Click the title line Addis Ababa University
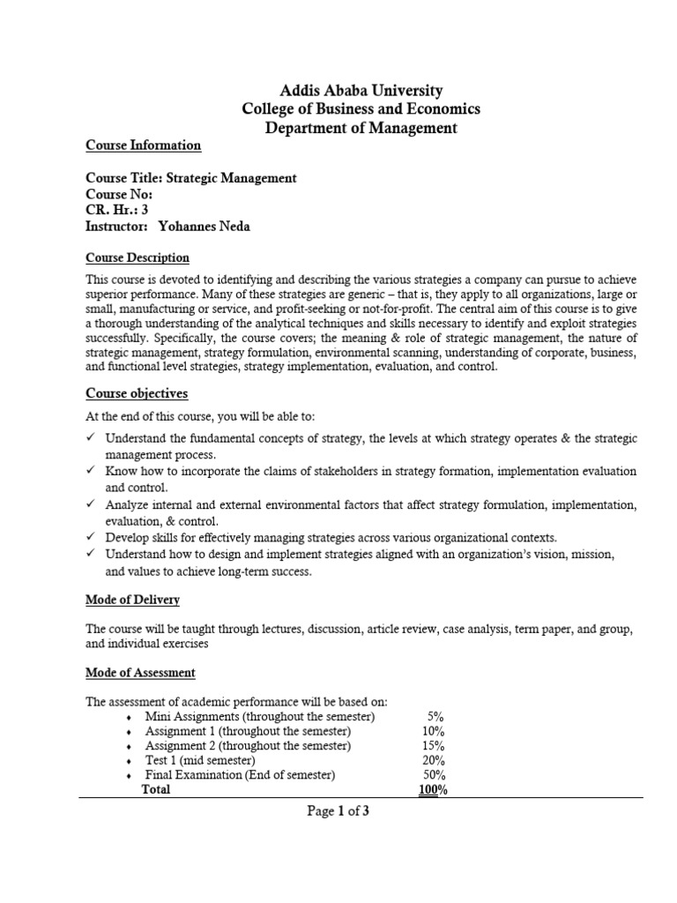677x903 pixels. [361, 90]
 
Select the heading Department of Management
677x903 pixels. [361, 128]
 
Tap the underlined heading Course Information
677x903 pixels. [143, 146]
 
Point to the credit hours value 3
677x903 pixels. [145, 210]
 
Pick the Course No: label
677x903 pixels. [119, 194]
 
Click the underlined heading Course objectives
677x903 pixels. [136, 393]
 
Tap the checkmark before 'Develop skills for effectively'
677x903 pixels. [91, 537]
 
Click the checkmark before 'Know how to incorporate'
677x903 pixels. [91, 472]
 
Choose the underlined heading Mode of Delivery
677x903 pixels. [132, 600]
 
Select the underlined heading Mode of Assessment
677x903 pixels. [140, 673]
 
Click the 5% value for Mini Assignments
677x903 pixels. [435, 716]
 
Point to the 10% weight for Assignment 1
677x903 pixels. [433, 731]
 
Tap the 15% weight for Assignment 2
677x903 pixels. [433, 746]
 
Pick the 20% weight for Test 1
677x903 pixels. [433, 760]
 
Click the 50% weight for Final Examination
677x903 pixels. [433, 775]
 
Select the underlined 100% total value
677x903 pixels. [433, 790]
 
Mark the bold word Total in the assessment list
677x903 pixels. [156, 790]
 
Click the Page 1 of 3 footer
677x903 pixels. [338, 812]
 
